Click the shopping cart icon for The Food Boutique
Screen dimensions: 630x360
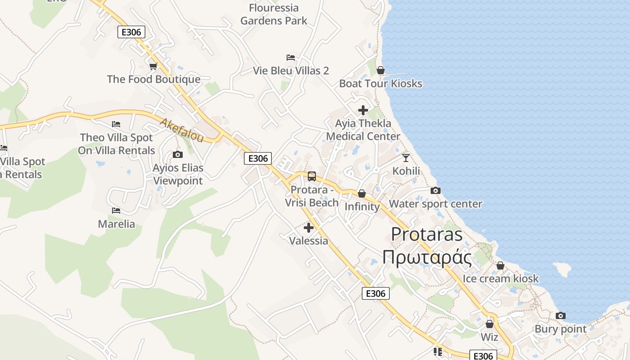(x=153, y=67)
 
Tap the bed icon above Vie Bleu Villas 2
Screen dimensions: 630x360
(x=291, y=58)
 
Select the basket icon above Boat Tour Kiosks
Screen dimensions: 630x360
(x=381, y=70)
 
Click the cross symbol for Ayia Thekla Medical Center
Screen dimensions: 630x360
(x=363, y=110)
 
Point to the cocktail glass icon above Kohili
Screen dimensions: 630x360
(x=406, y=157)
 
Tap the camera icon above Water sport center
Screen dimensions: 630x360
(x=435, y=190)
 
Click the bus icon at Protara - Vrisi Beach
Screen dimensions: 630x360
(x=312, y=176)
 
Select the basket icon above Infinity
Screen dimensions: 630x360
(x=362, y=193)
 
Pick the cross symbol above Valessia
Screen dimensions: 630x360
(x=309, y=228)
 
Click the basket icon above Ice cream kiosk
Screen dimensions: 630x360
(x=500, y=265)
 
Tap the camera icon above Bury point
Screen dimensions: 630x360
(x=561, y=316)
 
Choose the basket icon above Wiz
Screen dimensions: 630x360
(x=490, y=324)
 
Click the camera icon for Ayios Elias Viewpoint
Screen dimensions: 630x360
(x=178, y=155)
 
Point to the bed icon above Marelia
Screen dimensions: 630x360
(x=116, y=210)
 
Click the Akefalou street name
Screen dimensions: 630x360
(x=182, y=130)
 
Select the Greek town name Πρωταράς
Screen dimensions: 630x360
(x=427, y=258)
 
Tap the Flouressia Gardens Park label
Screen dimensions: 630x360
(x=274, y=14)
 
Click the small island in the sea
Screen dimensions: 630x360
(x=562, y=269)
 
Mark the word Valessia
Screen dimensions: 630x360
(x=309, y=241)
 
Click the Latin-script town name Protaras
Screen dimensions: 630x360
(x=427, y=234)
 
